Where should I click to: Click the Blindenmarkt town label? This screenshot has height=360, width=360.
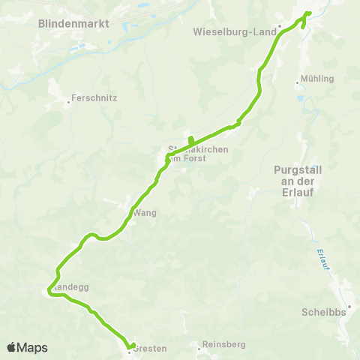(73, 24)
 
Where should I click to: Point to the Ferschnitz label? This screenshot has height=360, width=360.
(93, 97)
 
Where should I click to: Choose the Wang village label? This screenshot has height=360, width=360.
(145, 213)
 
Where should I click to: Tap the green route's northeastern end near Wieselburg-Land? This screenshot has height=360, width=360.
(308, 13)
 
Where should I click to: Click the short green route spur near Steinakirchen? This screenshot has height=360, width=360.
(190, 139)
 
